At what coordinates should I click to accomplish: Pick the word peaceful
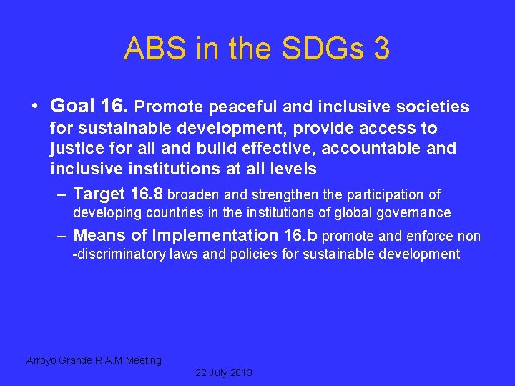pos(243,107)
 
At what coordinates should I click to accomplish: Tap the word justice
pos(74,149)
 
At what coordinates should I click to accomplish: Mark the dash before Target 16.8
pos(62,194)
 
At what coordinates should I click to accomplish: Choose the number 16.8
pos(147,194)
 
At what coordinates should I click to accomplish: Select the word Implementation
pos(209,236)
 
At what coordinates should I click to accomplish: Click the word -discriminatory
pos(119,254)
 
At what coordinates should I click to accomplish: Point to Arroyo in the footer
pos(44,361)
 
